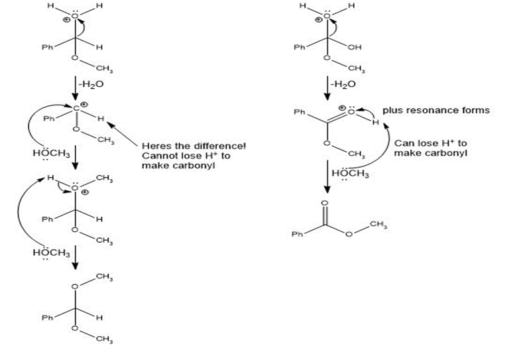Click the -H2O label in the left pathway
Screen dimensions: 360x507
coord(91,84)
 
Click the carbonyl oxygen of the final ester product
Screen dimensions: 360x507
coord(324,203)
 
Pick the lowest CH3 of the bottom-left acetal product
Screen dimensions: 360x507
coord(102,340)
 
